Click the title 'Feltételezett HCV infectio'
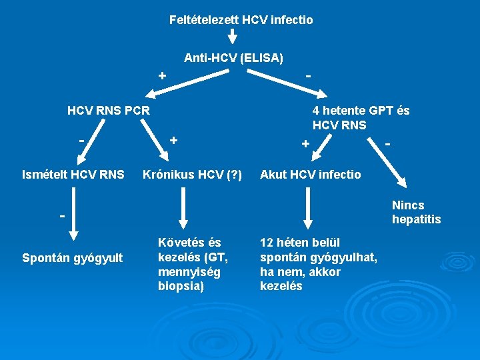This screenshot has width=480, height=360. pyautogui.click(x=241, y=20)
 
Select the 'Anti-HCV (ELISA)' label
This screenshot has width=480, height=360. pyautogui.click(x=233, y=59)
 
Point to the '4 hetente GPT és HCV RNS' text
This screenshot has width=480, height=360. pyautogui.click(x=361, y=117)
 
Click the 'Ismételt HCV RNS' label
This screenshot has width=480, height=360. pyautogui.click(x=73, y=175)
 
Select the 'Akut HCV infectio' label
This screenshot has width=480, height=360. pyautogui.click(x=311, y=175)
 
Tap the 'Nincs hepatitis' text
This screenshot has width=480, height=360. pyautogui.click(x=416, y=212)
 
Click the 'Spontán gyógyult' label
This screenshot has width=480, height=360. pyautogui.click(x=73, y=257)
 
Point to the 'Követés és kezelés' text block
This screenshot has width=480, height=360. pyautogui.click(x=193, y=264)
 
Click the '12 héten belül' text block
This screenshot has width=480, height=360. pyautogui.click(x=319, y=264)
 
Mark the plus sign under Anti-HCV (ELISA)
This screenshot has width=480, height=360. pyautogui.click(x=161, y=75)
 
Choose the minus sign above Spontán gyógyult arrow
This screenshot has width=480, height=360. pyautogui.click(x=61, y=216)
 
